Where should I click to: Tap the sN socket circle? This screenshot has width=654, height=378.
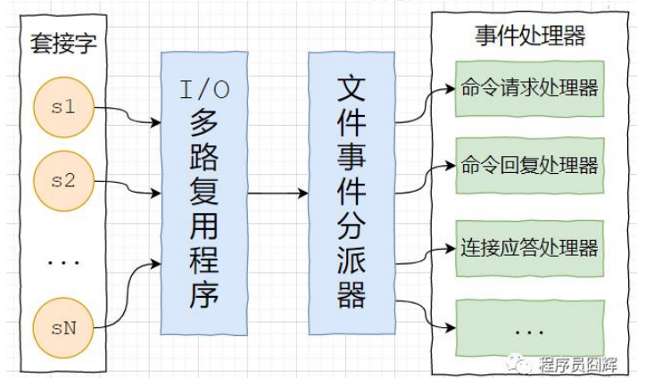(63, 328)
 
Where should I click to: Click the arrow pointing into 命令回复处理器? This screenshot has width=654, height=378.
(425, 177)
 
